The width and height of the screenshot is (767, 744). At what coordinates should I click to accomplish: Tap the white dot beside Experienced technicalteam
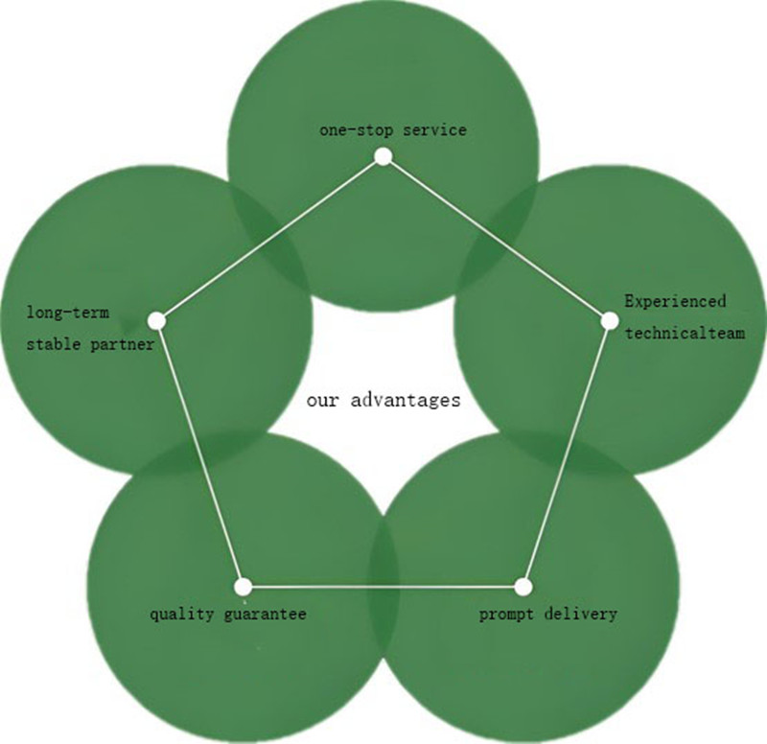pyautogui.click(x=610, y=320)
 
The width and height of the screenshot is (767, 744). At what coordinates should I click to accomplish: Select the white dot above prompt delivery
pyautogui.click(x=523, y=586)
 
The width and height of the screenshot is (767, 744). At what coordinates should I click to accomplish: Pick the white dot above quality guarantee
pyautogui.click(x=243, y=586)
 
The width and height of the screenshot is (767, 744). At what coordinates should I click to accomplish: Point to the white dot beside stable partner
pyautogui.click(x=157, y=320)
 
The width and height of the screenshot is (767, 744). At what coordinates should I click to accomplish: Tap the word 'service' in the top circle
pyautogui.click(x=434, y=128)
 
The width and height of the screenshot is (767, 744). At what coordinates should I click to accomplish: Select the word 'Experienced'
pyautogui.click(x=675, y=301)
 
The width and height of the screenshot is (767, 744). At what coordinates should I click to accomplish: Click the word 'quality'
pyautogui.click(x=180, y=614)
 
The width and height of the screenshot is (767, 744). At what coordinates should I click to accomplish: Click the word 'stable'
pyautogui.click(x=52, y=343)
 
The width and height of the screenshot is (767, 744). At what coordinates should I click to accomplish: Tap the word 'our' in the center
pyautogui.click(x=321, y=400)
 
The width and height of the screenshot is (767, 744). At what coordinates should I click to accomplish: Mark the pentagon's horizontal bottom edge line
pyautogui.click(x=383, y=586)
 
